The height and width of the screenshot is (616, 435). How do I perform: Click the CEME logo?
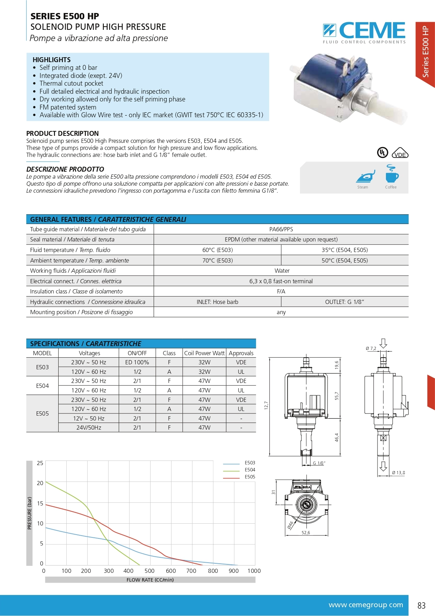364,32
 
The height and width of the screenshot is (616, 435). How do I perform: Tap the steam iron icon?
365,176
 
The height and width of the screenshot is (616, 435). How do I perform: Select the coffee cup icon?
391,174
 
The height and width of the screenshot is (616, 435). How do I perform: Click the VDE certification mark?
400,153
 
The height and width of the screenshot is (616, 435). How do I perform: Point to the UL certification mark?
382,153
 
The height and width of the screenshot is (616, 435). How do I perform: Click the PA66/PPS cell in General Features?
281,229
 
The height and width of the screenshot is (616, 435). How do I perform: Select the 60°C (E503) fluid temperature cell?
217,250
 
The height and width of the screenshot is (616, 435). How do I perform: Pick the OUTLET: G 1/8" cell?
344,302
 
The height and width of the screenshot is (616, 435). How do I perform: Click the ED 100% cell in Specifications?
137,362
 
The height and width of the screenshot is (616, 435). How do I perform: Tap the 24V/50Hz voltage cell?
89,428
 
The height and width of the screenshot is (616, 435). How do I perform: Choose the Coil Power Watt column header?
204,353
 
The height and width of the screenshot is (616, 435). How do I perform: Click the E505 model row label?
42,413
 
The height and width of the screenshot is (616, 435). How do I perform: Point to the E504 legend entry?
250,470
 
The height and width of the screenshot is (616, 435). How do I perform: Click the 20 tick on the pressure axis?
40,483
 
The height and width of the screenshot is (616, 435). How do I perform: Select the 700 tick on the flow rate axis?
191,571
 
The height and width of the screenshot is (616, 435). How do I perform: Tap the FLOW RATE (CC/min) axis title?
150,580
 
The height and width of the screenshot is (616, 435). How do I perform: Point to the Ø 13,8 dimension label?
399,473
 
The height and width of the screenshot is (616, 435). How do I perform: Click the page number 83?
421,605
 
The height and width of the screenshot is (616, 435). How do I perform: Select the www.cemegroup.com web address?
366,605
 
